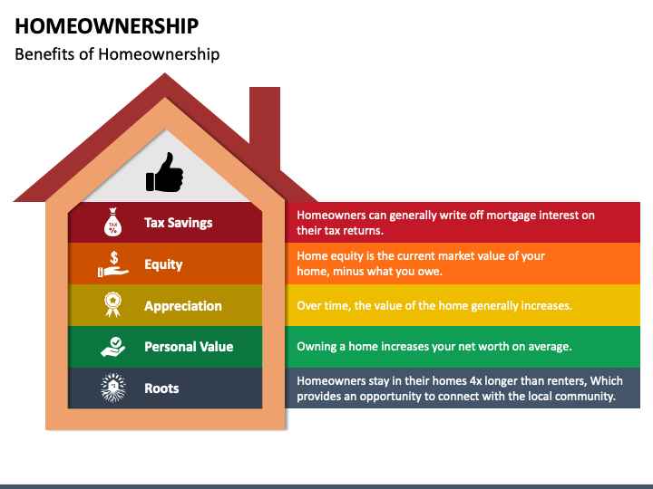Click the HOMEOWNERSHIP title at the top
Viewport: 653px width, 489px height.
107,25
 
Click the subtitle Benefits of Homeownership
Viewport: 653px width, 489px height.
117,54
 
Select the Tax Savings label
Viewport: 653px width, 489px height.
178,223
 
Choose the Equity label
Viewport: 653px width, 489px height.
163,264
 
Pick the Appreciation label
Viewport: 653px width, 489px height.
182,306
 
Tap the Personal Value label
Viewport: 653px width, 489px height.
189,347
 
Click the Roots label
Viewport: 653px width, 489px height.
161,388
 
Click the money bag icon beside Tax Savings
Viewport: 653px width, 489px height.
113,223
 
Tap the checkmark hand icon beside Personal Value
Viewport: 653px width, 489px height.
113,347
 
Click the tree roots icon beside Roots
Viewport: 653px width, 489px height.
113,388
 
